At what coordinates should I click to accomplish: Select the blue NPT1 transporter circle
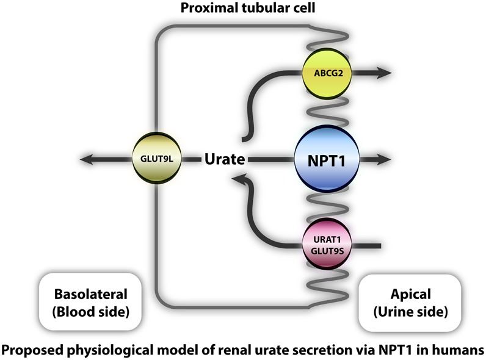pyautogui.click(x=325, y=160)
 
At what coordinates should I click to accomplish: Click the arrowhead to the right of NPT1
pyautogui.click(x=388, y=160)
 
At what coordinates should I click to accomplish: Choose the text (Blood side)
pyautogui.click(x=89, y=311)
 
